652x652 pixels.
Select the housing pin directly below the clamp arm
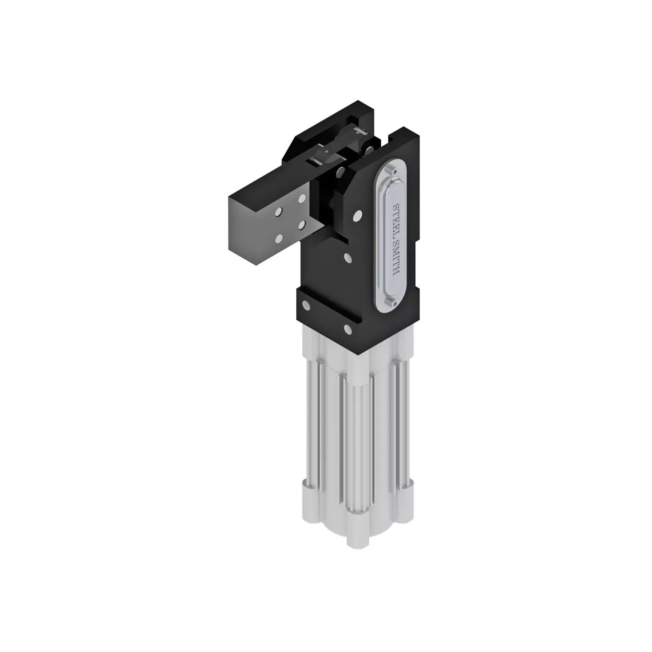348,258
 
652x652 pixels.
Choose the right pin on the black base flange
348,328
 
